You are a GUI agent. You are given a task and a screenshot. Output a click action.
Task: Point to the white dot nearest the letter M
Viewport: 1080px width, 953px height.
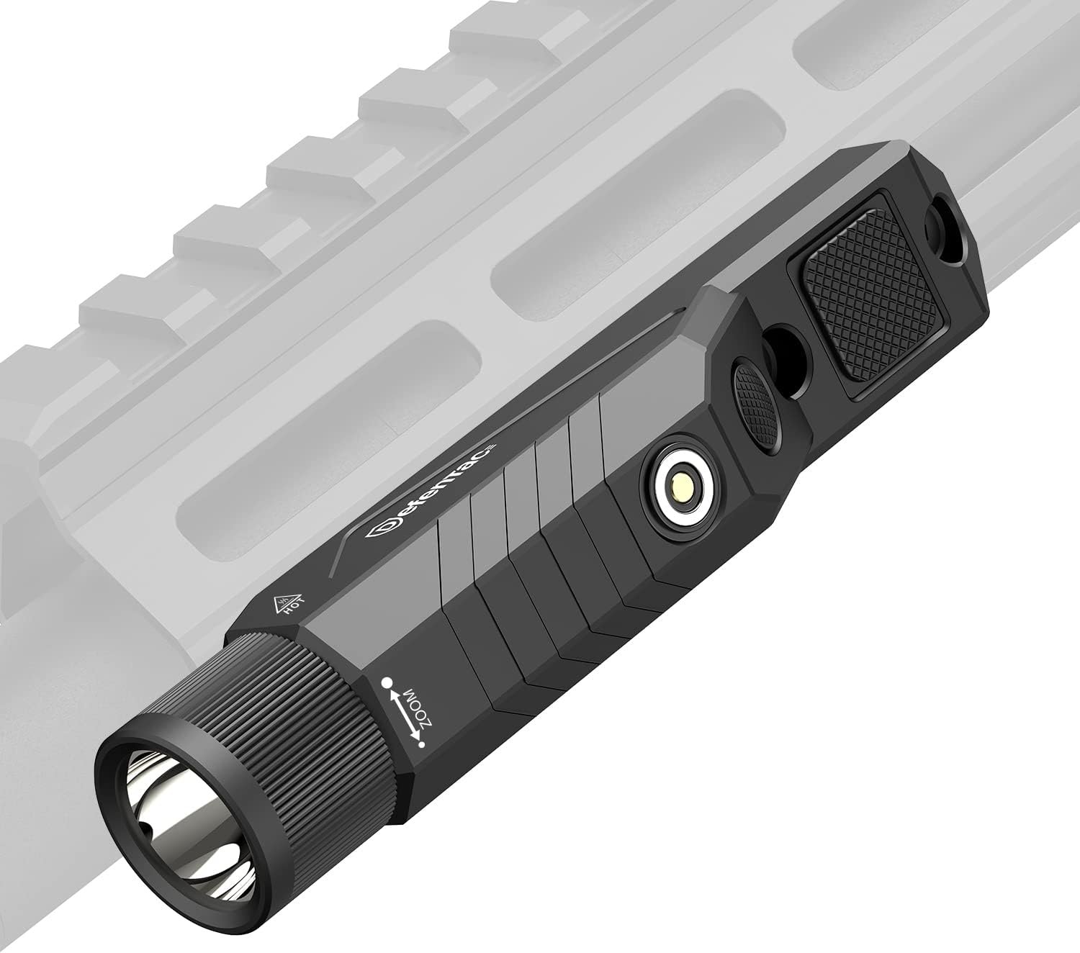(389, 682)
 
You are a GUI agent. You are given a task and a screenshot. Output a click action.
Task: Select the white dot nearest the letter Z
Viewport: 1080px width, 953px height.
(422, 744)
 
